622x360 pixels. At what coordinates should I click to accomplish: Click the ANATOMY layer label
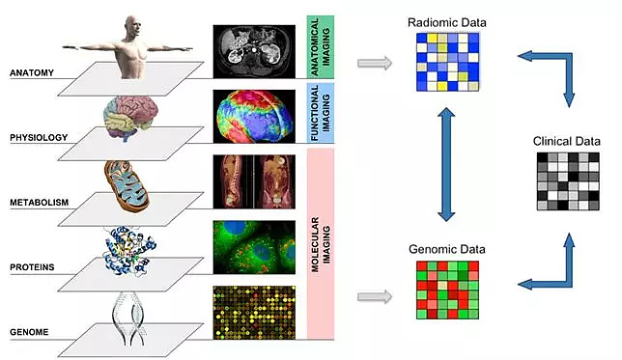point(32,73)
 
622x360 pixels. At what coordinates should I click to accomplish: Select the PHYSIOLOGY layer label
point(39,138)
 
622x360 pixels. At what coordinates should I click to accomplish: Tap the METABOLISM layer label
point(40,203)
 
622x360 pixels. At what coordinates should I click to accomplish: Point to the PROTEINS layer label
point(32,267)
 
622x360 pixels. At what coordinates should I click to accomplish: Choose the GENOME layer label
point(29,332)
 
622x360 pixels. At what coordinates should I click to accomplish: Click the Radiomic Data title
point(447,22)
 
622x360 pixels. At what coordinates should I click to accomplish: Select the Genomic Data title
point(447,249)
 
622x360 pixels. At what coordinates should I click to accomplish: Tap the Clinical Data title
point(566,141)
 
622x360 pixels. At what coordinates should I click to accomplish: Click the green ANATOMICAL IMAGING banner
point(321,46)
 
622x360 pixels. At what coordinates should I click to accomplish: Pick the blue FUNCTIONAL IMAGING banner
point(321,113)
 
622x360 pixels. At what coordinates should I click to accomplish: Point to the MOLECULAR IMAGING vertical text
point(321,244)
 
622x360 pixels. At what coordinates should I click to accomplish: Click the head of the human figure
point(133,26)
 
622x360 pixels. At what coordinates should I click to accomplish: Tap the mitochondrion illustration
point(127,184)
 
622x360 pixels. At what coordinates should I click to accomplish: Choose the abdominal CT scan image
point(254,51)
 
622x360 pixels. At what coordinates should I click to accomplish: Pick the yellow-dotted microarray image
point(254,313)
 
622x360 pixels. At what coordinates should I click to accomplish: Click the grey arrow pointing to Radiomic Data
point(375,63)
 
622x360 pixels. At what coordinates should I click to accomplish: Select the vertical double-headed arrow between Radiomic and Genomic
point(446,164)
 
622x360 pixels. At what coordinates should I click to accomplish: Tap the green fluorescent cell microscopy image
point(254,247)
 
